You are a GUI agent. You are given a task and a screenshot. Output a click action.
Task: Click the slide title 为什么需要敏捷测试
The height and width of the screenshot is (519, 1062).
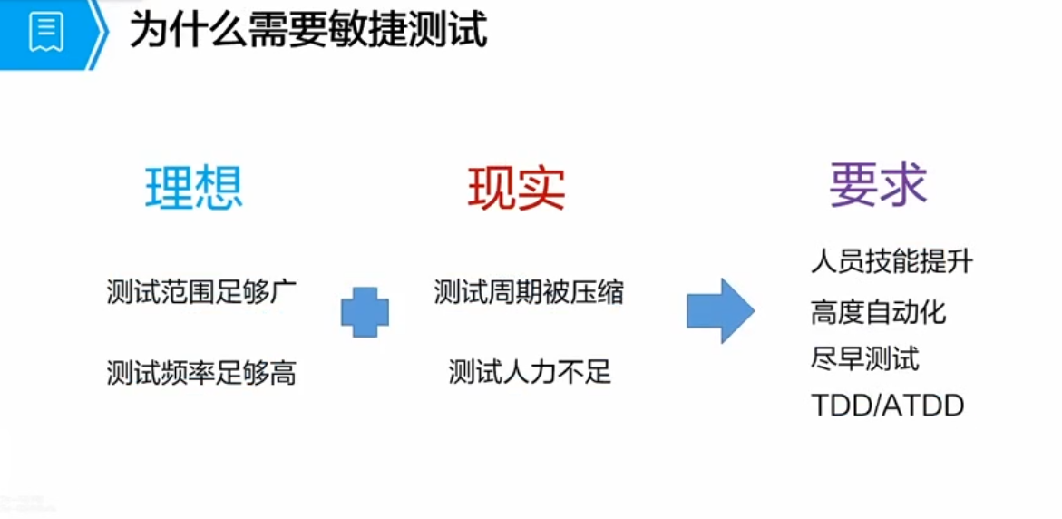click(308, 31)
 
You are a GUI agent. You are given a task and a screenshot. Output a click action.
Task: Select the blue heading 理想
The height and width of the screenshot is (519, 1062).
click(194, 188)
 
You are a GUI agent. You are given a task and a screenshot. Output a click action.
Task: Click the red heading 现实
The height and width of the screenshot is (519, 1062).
click(516, 188)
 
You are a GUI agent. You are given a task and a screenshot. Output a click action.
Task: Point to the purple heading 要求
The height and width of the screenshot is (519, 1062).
click(878, 184)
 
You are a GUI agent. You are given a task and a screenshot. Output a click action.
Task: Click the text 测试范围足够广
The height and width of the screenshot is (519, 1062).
click(201, 293)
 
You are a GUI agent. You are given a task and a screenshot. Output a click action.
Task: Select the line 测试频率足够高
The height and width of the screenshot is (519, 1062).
click(201, 373)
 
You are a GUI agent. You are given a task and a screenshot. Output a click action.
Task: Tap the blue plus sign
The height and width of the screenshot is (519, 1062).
click(365, 312)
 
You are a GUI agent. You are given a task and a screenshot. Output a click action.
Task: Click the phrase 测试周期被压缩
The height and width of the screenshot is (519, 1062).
click(529, 293)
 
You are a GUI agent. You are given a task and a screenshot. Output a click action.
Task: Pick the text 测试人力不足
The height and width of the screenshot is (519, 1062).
click(530, 372)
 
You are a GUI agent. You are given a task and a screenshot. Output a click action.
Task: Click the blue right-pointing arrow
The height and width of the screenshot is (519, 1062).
click(720, 311)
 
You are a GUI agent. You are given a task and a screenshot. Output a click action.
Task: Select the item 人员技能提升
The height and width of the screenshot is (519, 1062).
click(891, 263)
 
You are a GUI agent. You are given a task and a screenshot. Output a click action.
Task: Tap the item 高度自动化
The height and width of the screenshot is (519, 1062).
click(878, 313)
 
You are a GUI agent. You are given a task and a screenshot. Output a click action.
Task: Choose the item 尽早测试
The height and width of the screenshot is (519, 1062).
click(864, 359)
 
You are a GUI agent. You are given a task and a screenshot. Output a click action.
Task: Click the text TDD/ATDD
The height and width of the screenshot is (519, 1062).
click(887, 406)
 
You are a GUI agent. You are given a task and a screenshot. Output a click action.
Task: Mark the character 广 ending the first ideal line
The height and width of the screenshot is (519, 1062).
click(284, 293)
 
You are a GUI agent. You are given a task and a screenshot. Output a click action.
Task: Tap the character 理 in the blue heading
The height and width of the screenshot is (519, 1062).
click(170, 188)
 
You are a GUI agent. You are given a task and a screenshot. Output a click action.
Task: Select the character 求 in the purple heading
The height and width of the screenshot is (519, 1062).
click(903, 184)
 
